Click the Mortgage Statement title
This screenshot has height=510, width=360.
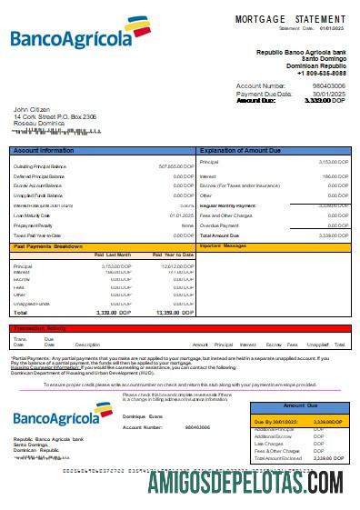[290, 18]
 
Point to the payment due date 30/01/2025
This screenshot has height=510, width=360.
[328, 94]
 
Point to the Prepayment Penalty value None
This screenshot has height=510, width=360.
[187, 225]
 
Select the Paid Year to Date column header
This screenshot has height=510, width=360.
[173, 255]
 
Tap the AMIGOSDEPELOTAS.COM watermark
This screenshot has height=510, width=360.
[245, 481]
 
